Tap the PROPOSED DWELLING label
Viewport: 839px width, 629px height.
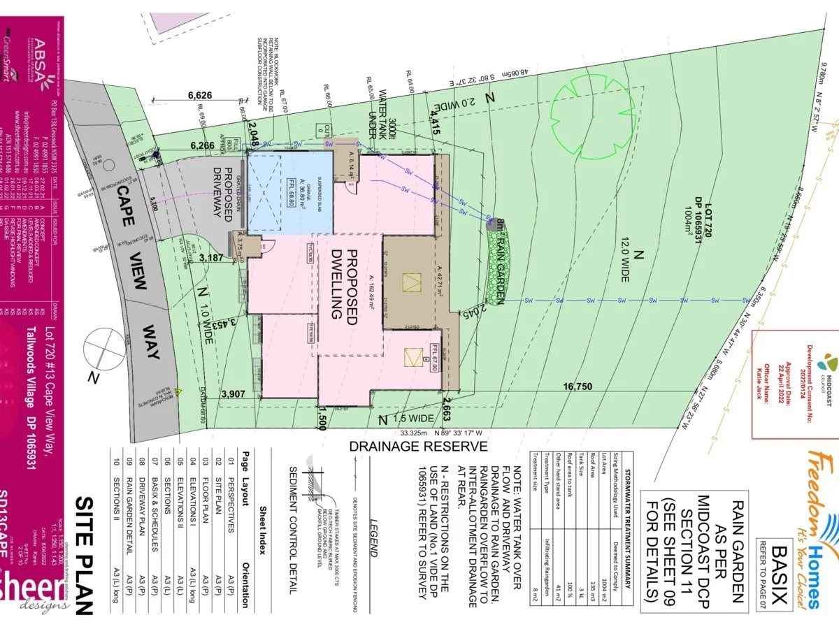(344, 284)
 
